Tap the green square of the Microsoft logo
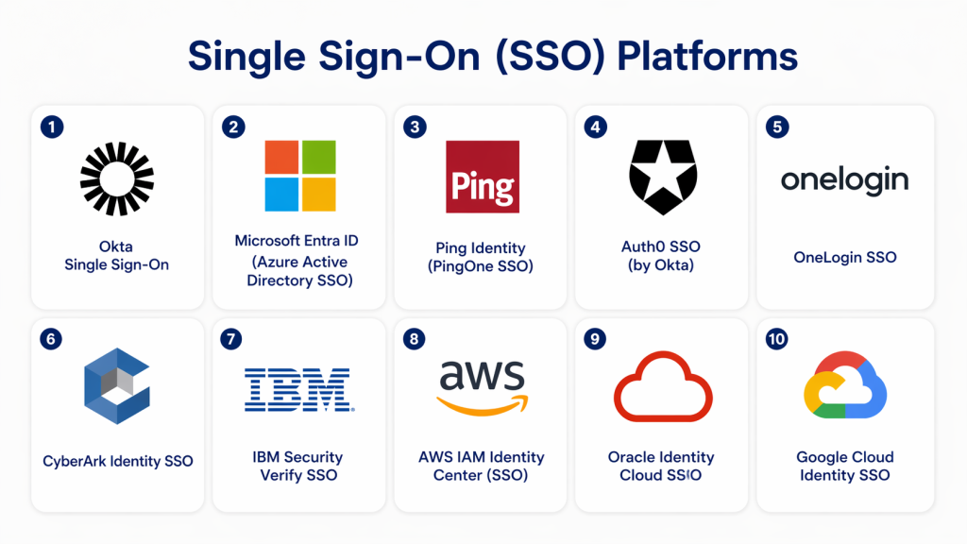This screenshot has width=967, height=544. pos(318,157)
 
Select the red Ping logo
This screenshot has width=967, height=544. pos(482,177)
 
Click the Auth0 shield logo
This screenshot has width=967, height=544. pos(663,177)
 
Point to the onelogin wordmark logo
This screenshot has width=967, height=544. pos(844,179)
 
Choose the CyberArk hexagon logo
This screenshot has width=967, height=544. pos(117,385)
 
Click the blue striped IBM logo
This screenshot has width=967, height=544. pos(298,389)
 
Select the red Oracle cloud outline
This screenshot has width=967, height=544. pos(663,386)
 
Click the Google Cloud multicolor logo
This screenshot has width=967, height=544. pos(844,386)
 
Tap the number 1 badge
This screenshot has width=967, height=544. pos(52,126)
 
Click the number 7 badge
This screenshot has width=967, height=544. pos(233,338)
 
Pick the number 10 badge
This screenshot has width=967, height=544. pos(776,338)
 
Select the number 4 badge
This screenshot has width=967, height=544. pos(595,126)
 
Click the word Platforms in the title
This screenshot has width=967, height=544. pos(707,56)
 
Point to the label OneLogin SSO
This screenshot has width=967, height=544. pos(845,257)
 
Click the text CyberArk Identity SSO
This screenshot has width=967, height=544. pos(118,462)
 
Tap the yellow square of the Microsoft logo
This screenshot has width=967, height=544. pos(318,195)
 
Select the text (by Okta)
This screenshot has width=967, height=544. pos(661,265)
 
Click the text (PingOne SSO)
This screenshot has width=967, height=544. pos(481,266)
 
